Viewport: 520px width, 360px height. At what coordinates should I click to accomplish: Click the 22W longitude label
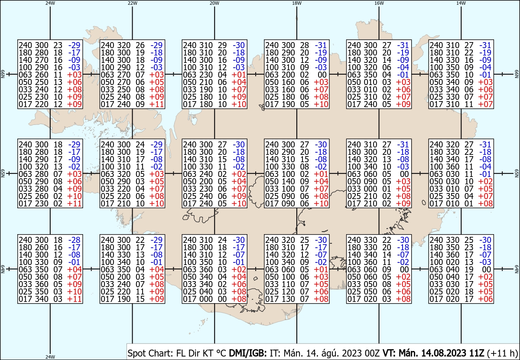[132, 3]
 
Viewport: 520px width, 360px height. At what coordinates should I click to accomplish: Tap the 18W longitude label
[297, 3]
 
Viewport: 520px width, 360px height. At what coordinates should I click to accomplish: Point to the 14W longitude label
[461, 3]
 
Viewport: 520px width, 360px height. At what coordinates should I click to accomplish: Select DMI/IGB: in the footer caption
[248, 353]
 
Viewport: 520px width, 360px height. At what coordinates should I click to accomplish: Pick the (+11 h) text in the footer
[502, 353]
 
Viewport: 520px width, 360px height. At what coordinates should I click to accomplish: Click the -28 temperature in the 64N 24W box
[74, 240]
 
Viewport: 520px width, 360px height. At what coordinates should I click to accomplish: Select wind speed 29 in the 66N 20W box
[222, 45]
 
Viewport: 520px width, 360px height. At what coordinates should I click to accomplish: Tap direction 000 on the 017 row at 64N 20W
[206, 299]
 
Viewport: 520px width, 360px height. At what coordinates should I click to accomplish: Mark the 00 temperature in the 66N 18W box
[322, 75]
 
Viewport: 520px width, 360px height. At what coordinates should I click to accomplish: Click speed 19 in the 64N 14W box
[469, 269]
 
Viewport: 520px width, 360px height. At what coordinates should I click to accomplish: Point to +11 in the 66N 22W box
[157, 104]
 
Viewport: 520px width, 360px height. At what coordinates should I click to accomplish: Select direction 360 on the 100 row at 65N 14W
[452, 167]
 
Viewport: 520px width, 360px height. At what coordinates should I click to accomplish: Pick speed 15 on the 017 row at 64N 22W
[140, 299]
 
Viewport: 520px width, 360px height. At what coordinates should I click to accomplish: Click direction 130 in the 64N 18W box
[288, 299]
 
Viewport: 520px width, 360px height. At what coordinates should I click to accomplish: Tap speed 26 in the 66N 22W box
[140, 45]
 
